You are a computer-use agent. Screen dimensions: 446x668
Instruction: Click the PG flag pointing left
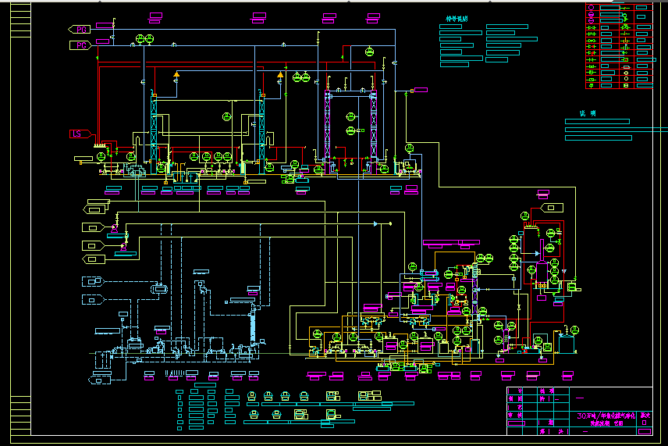(x=80, y=29)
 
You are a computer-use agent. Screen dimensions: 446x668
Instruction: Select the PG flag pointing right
(x=81, y=46)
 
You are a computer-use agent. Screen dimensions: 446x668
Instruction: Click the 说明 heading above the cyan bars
(x=587, y=113)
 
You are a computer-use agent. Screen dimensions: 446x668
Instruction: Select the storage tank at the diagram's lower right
(x=567, y=340)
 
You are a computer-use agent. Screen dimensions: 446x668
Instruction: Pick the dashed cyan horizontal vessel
(x=160, y=288)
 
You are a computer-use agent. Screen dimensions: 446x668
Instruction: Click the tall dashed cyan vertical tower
(x=253, y=324)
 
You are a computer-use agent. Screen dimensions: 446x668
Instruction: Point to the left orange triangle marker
(x=176, y=74)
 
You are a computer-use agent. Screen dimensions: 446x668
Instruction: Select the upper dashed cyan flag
(x=93, y=281)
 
